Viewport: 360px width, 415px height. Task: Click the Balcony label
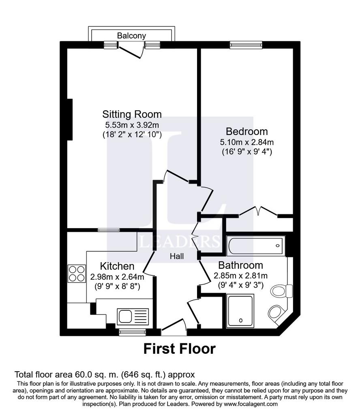(x=131, y=36)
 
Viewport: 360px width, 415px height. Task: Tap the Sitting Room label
(x=132, y=114)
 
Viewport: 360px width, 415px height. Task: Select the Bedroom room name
(x=247, y=132)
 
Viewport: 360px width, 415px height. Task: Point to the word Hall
(x=177, y=256)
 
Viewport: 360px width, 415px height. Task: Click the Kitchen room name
(x=117, y=266)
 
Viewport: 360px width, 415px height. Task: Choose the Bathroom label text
(x=241, y=265)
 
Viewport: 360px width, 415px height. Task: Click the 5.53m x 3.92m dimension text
(x=132, y=125)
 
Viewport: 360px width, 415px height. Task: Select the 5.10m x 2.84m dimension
(x=247, y=142)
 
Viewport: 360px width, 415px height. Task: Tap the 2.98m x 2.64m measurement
(x=117, y=277)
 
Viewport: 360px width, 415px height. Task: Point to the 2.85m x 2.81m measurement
(x=241, y=276)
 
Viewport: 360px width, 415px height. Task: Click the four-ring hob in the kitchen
(x=77, y=274)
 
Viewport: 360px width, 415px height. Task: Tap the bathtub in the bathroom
(x=256, y=246)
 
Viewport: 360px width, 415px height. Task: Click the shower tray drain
(x=241, y=320)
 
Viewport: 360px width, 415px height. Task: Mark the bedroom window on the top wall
(x=246, y=45)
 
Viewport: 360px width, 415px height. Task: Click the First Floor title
(x=180, y=349)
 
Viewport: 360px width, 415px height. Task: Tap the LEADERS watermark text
(x=180, y=241)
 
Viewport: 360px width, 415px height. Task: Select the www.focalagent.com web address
(x=251, y=404)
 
